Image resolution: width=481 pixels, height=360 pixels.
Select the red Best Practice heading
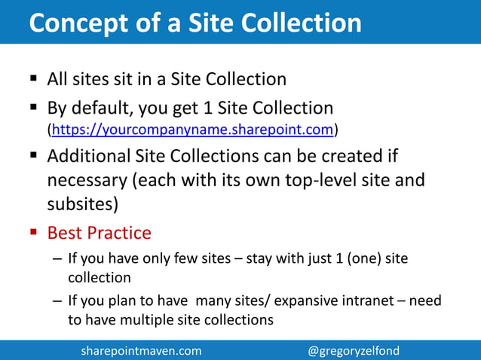click(99, 232)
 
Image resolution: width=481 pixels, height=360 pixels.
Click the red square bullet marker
click(34, 232)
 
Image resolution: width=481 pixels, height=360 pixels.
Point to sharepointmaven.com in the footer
click(141, 351)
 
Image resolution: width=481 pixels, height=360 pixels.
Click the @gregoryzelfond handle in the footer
click(354, 351)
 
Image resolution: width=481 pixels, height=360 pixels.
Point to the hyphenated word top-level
click(314, 181)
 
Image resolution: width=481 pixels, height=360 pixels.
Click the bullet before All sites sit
click(34, 78)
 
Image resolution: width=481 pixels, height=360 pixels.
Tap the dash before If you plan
click(57, 301)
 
